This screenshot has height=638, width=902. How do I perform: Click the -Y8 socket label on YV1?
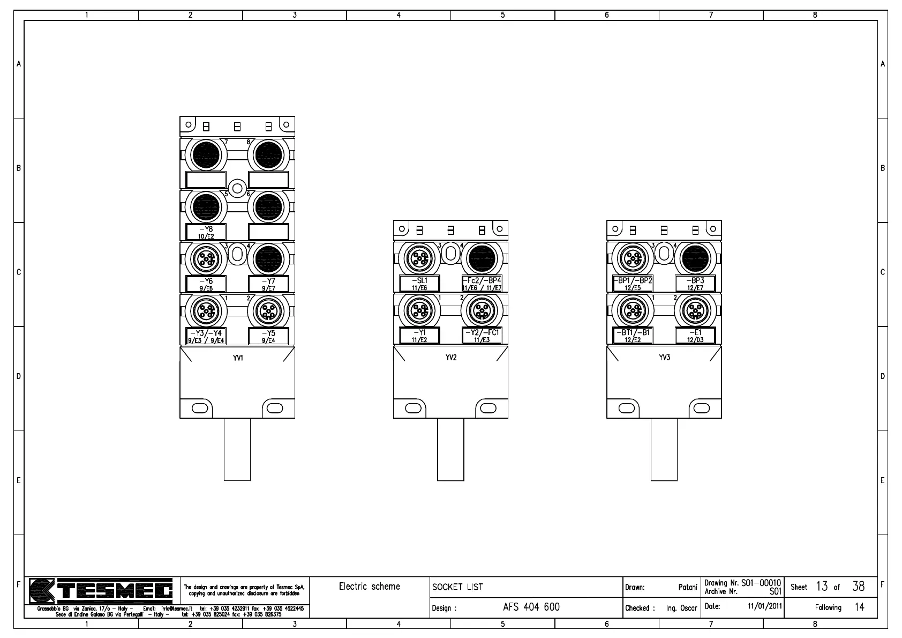pyautogui.click(x=206, y=232)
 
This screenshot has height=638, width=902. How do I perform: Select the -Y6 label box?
pyautogui.click(x=206, y=284)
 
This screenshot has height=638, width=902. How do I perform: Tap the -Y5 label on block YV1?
pyautogui.click(x=268, y=336)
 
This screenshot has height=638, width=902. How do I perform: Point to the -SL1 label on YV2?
pyautogui.click(x=419, y=284)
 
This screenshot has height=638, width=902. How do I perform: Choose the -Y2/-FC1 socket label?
pyautogui.click(x=482, y=336)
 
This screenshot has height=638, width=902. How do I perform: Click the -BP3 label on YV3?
pyautogui.click(x=695, y=284)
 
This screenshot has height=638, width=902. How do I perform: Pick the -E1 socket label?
pyautogui.click(x=695, y=336)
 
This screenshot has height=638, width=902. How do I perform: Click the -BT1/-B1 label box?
pyautogui.click(x=633, y=336)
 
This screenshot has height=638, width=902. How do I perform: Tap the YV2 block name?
pyautogui.click(x=451, y=358)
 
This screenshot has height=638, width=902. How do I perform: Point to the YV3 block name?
pyautogui.click(x=664, y=358)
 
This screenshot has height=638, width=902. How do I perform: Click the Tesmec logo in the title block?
pyautogui.click(x=101, y=591)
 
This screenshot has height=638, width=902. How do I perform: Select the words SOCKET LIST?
pyautogui.click(x=457, y=587)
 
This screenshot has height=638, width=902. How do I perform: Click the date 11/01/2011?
pyautogui.click(x=765, y=607)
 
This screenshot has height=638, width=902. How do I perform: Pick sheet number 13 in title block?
pyautogui.click(x=822, y=587)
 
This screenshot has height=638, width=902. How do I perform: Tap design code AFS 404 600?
pyautogui.click(x=531, y=607)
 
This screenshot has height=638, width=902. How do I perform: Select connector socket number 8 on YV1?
pyautogui.click(x=268, y=155)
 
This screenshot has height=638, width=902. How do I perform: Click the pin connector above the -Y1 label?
pyautogui.click(x=419, y=310)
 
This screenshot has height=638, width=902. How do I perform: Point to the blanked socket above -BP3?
pyautogui.click(x=695, y=259)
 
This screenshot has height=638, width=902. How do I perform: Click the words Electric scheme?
pyautogui.click(x=369, y=587)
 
